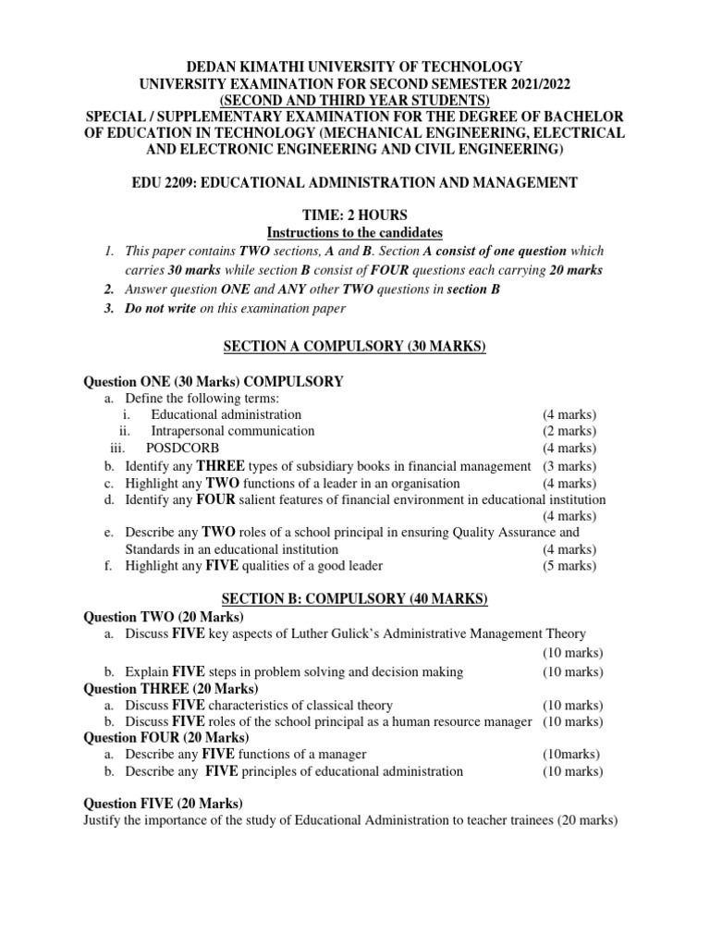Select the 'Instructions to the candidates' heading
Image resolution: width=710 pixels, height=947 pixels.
pos(355,231)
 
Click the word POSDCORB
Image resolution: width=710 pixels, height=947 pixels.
pos(183,448)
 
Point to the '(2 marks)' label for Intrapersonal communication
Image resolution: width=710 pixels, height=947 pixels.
pos(569,431)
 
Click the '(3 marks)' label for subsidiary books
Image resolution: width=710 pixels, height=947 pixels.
pos(569,465)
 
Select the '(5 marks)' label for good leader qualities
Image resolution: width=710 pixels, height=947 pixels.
pos(569,565)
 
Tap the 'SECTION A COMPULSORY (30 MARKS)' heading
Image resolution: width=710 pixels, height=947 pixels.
pos(355,347)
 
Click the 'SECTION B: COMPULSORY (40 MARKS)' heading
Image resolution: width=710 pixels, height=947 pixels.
pos(355,599)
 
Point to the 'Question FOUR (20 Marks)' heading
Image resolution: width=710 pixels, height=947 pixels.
pos(166,737)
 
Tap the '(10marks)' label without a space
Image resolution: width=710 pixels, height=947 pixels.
pos(570,754)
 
